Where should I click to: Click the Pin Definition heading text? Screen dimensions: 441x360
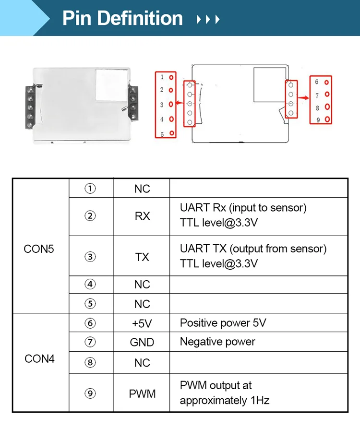click(x=122, y=18)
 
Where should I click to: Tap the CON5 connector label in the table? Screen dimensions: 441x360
click(x=39, y=249)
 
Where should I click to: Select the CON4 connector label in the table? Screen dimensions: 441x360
click(x=39, y=358)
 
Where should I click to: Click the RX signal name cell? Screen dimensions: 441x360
click(x=142, y=216)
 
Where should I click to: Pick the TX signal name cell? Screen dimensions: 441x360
click(x=142, y=257)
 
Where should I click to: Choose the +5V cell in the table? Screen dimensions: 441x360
click(x=142, y=323)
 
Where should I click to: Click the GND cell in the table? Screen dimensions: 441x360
click(x=142, y=342)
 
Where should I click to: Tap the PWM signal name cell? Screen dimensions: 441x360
click(x=142, y=394)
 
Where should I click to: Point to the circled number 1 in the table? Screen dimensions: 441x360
click(x=90, y=188)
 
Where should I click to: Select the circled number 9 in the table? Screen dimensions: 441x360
click(x=90, y=393)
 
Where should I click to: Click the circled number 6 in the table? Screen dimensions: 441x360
click(x=90, y=323)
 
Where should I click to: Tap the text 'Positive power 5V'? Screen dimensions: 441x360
click(x=223, y=323)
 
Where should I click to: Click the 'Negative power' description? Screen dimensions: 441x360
click(x=217, y=342)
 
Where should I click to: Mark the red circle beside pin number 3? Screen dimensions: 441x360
click(x=171, y=104)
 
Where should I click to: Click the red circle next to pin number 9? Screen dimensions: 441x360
click(x=327, y=119)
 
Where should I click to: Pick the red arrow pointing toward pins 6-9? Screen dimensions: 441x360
click(x=303, y=97)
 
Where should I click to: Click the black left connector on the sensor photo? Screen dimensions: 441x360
click(x=30, y=107)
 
